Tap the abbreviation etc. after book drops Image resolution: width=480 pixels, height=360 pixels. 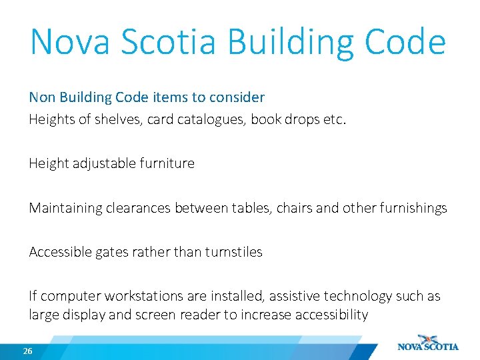click(334, 120)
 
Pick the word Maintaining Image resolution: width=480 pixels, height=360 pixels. click(66, 208)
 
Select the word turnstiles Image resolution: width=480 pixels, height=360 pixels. click(233, 252)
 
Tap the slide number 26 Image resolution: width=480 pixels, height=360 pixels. click(27, 351)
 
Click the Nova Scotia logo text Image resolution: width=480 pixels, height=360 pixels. click(428, 347)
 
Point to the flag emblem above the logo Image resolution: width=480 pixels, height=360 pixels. click(427, 337)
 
